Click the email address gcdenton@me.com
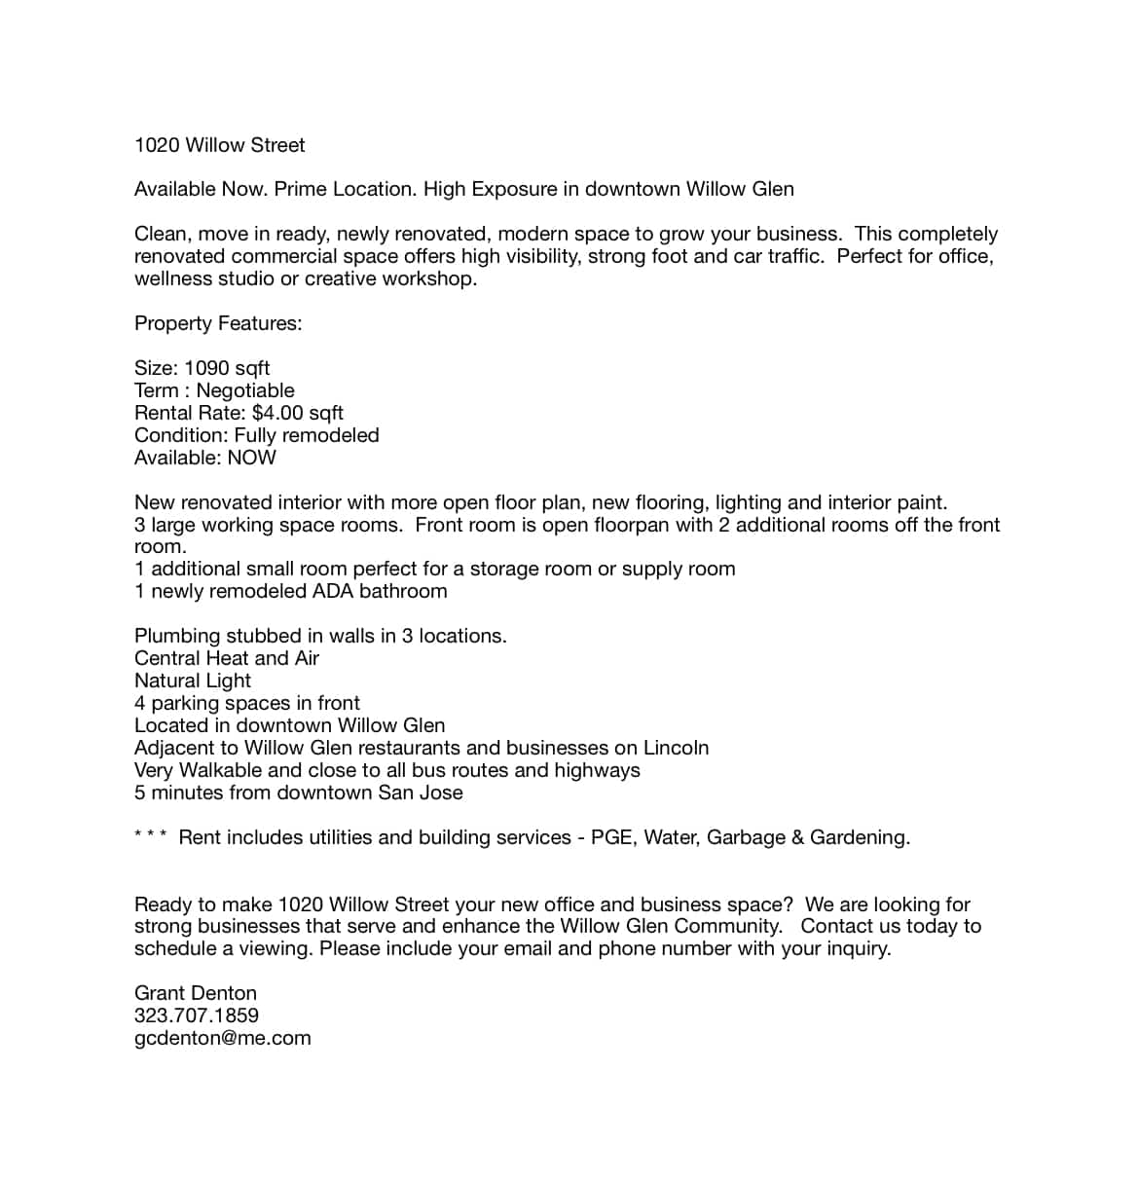pos(222,1038)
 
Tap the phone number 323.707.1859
pos(197,1015)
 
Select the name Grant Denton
pos(196,993)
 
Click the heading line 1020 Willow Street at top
pos(219,145)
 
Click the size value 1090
pos(206,368)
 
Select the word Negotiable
pos(245,390)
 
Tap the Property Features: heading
pos(218,323)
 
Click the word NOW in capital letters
pos(251,458)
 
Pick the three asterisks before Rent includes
pos(150,835)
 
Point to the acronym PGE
pos(611,837)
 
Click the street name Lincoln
pos(676,748)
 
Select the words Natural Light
pos(193,681)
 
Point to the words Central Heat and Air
pos(227,658)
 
